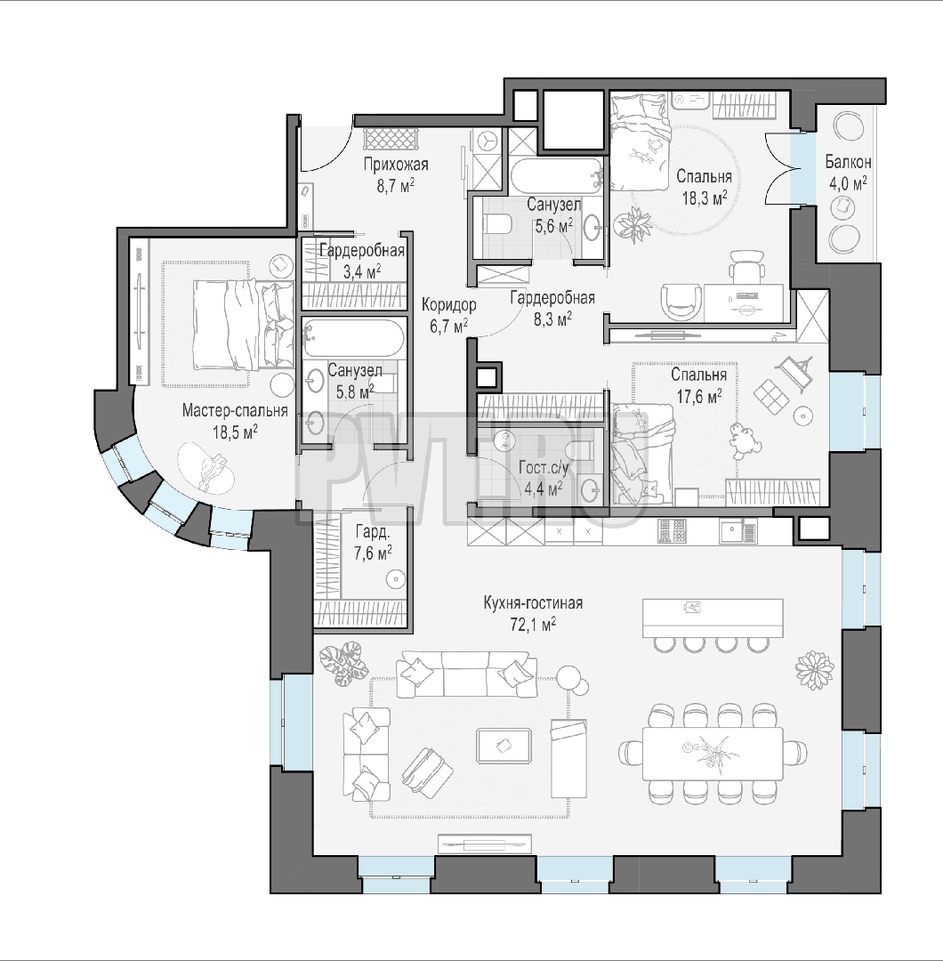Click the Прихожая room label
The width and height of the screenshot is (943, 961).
396,165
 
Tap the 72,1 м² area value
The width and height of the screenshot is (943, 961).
533,624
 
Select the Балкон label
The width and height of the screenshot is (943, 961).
848,162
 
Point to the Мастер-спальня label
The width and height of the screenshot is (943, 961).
235,410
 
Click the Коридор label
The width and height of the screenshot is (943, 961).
448,304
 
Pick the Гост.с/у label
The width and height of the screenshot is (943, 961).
544,468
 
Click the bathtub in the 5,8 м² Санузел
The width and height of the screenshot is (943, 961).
353,338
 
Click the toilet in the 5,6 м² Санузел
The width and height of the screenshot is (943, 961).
497,225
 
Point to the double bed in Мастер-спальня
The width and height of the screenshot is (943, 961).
243,325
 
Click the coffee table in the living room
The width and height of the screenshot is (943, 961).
504,746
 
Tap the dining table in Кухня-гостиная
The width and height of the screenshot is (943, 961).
713,754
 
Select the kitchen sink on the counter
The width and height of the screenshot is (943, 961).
737,530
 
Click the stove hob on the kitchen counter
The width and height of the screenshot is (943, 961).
673,530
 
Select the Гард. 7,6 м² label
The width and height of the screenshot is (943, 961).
372,543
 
